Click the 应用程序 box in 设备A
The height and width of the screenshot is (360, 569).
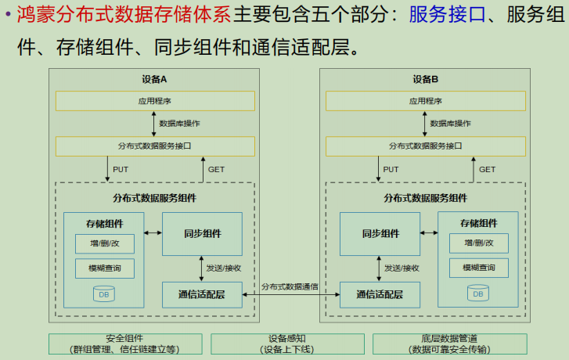(154, 101)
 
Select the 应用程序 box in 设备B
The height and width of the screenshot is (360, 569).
(426, 101)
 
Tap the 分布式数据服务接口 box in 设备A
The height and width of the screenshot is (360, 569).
(154, 146)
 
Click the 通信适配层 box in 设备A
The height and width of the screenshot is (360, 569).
(202, 294)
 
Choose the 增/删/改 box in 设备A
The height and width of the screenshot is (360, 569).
(104, 243)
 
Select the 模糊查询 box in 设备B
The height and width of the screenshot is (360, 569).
(478, 268)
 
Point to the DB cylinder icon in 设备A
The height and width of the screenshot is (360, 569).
(104, 294)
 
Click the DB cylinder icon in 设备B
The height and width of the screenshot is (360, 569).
(477, 294)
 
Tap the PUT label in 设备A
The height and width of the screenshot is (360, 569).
(121, 169)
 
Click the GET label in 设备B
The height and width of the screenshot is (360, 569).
(487, 169)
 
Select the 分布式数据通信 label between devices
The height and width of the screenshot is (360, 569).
(290, 286)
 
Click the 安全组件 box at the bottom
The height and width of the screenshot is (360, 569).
(125, 344)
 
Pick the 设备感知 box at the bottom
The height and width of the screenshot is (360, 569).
(286, 344)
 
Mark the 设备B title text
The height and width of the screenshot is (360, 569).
(426, 79)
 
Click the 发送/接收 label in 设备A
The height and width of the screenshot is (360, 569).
(225, 268)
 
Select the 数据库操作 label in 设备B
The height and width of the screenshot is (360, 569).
(451, 123)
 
